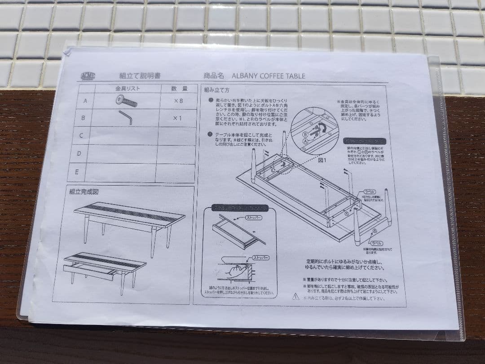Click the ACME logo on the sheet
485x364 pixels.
[88, 76]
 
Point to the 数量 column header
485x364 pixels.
[179, 89]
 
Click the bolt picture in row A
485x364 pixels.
[126, 101]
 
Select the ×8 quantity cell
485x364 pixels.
[179, 101]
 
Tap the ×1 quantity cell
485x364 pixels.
[179, 118]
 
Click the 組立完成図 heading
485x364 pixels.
[84, 191]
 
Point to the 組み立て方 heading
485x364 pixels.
[217, 90]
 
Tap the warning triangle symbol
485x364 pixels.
[295, 296]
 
